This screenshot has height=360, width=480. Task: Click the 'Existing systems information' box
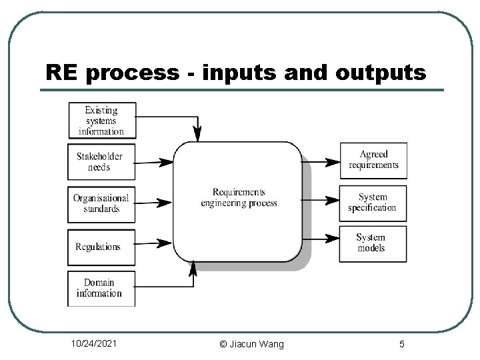tap(101, 121)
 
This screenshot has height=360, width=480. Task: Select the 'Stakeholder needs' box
tap(101, 162)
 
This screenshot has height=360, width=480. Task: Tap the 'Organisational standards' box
tap(101, 204)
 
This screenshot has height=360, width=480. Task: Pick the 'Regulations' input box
tap(101, 247)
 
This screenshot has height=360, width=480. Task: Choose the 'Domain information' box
tap(101, 288)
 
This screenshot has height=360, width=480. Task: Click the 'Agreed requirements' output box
tap(373, 160)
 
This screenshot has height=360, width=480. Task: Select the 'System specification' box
tap(373, 202)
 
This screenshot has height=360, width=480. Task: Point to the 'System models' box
tap(373, 243)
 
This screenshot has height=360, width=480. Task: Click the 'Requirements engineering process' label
tap(239, 198)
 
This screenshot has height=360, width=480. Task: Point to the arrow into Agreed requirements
tap(321, 161)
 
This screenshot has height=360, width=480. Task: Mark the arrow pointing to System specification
tap(321, 199)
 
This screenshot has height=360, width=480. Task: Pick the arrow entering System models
tap(321, 237)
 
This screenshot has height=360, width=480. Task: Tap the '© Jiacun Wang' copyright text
tap(251, 344)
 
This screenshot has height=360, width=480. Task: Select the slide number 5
tap(401, 344)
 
